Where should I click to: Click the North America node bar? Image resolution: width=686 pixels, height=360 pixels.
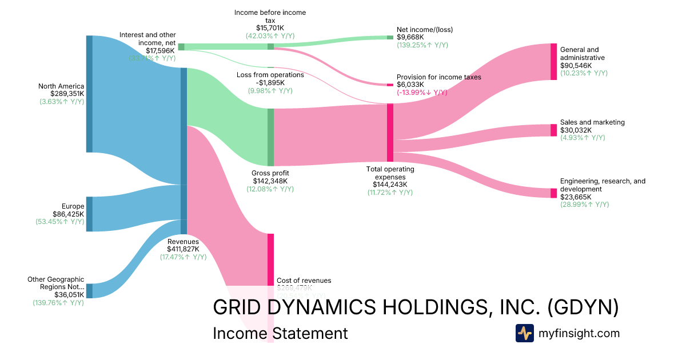coord(89,94)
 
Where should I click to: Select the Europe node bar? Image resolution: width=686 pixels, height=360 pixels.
coord(89,214)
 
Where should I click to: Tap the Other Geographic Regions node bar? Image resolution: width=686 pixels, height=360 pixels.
coord(89,290)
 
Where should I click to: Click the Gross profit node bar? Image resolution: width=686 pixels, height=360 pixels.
coord(270,137)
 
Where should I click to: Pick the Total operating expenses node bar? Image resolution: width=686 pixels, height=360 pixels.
coord(390,133)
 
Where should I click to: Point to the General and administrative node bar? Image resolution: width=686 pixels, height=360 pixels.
coord(553,61)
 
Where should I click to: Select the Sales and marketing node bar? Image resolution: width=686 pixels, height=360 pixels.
coord(553,130)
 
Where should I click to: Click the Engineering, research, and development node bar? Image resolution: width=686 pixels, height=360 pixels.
coord(553,193)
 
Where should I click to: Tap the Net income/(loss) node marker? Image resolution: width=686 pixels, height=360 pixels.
coord(390,37)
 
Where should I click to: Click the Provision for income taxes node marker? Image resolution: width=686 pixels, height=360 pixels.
coord(390,85)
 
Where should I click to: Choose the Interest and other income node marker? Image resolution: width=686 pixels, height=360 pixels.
coord(181,47)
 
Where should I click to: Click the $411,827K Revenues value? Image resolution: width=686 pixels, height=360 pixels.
coord(183,249)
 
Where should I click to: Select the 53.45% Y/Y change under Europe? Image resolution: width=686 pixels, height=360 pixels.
coord(59,222)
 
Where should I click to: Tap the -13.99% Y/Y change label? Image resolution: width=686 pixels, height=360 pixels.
coord(422,93)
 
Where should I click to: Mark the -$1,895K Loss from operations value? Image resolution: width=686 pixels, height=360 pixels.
coord(270,82)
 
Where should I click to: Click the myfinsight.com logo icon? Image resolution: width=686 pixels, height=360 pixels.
coord(524,333)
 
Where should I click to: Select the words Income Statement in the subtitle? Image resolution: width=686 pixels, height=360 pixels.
coord(280,333)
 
